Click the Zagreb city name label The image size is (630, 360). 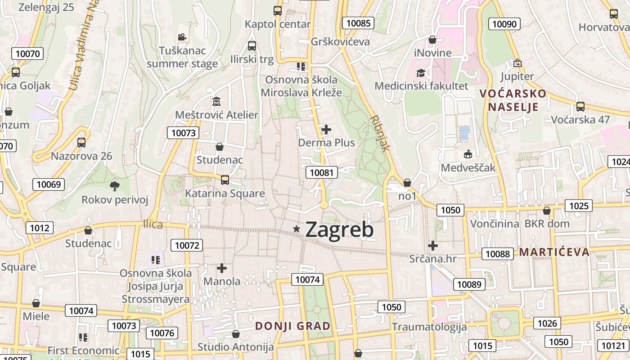pos(339,230)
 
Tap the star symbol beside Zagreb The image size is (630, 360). pos(296,229)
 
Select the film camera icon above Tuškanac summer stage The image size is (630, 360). pos(182,37)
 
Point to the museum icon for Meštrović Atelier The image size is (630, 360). pos(216,101)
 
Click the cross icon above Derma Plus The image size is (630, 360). pos(326,130)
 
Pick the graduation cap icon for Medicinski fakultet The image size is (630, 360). pos(421,72)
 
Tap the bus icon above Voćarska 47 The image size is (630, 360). pos(580,107)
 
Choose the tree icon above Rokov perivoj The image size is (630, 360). pos(115,185)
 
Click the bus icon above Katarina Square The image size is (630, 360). pos(225,180)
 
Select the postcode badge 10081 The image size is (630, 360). pos(321,172)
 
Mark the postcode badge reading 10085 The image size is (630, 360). pos(358,23)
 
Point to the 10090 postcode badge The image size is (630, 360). pos(504,24)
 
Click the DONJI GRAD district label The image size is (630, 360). pos(293,326)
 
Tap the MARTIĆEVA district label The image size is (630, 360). pos(554,252)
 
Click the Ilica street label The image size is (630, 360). pos(153,224)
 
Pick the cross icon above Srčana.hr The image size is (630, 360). pos(433,246)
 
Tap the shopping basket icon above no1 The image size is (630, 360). pos(407,183)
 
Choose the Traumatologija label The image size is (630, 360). pos(429,327)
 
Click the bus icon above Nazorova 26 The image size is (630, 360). pos(81,143)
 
